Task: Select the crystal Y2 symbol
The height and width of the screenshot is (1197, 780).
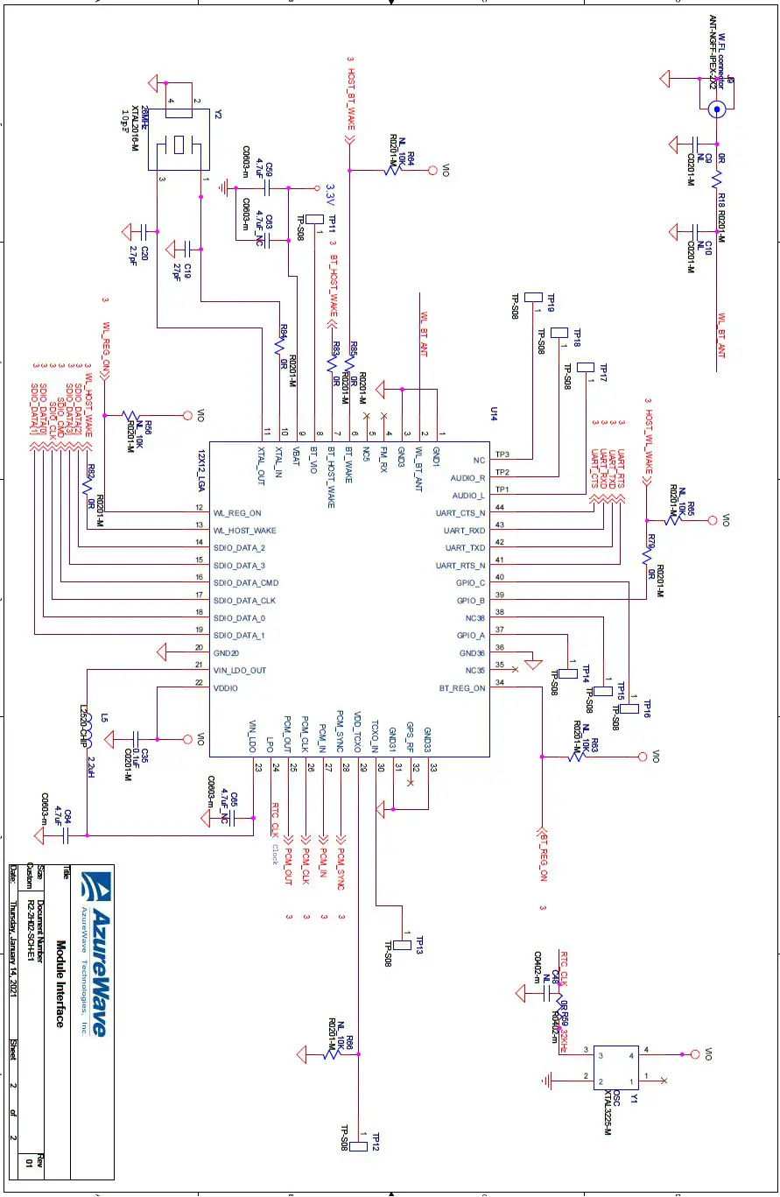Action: tap(182, 142)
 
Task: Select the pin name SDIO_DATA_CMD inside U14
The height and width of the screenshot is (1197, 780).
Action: tap(246, 583)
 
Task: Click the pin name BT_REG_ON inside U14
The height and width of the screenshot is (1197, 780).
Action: tap(462, 688)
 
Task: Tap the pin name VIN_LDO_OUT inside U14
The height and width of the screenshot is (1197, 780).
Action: tap(240, 671)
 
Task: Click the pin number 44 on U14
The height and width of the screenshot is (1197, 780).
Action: tap(500, 508)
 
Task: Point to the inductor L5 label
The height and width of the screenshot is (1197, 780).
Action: tap(105, 718)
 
